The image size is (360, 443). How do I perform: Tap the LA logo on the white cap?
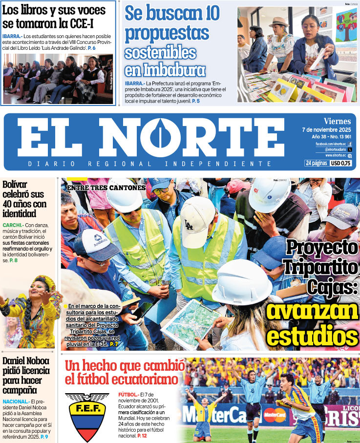(189, 225)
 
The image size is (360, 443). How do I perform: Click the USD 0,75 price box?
(341, 163)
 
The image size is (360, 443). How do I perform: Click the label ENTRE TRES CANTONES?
(106, 188)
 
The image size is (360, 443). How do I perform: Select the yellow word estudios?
(313, 336)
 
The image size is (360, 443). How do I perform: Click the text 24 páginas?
(316, 163)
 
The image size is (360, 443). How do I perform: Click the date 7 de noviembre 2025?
(327, 129)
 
